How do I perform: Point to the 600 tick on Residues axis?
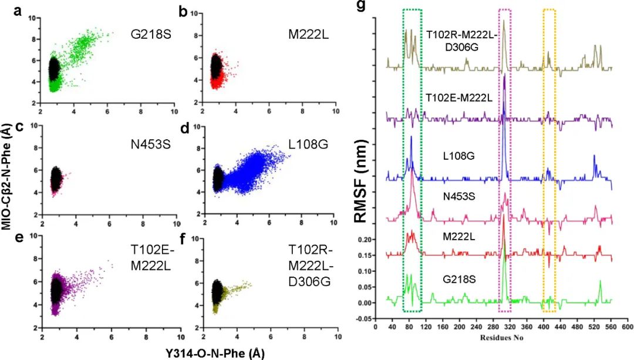pyautogui.click(x=626, y=326)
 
